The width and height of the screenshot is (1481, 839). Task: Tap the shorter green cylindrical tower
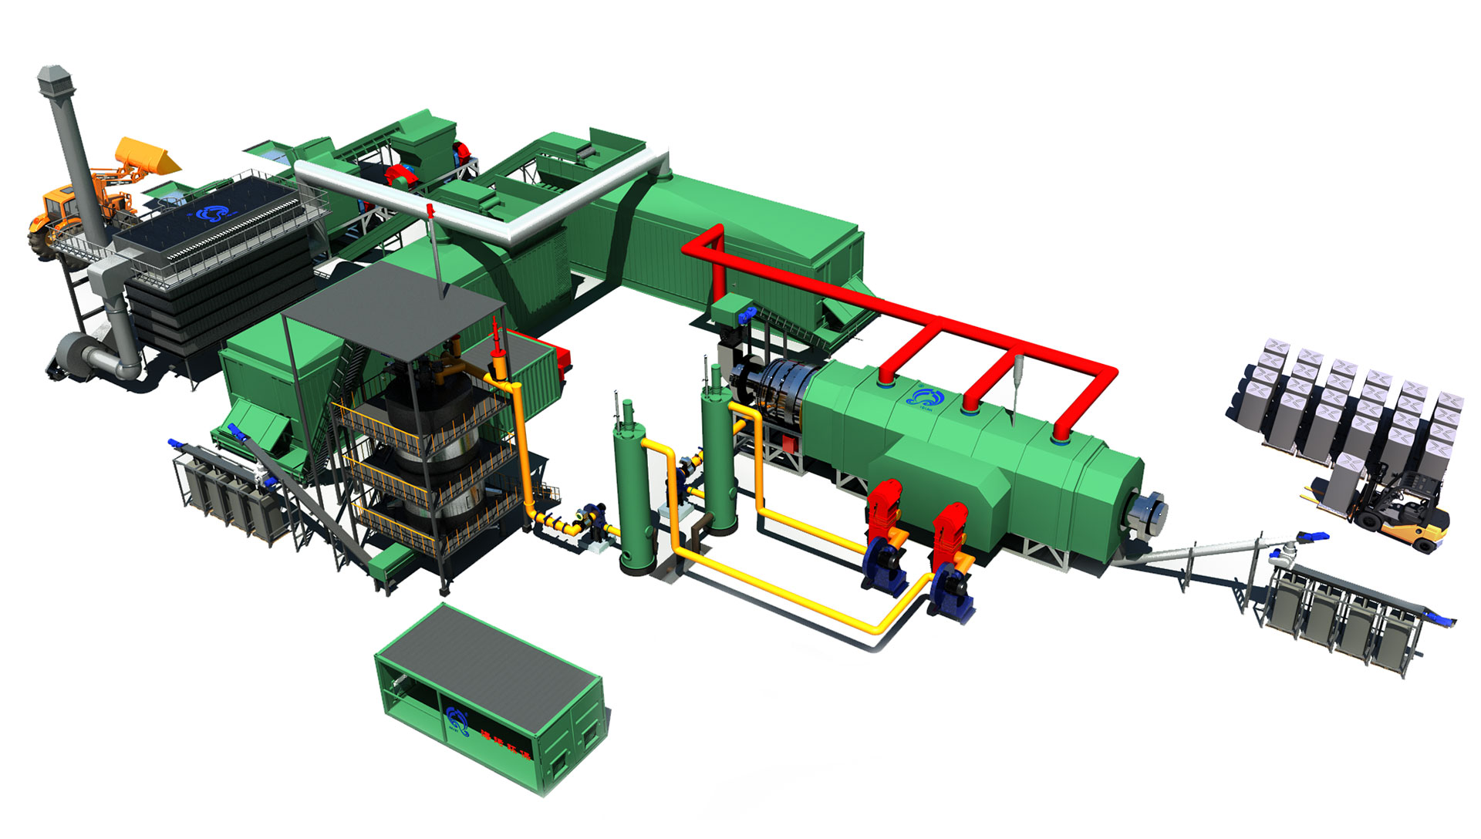[636, 494]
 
